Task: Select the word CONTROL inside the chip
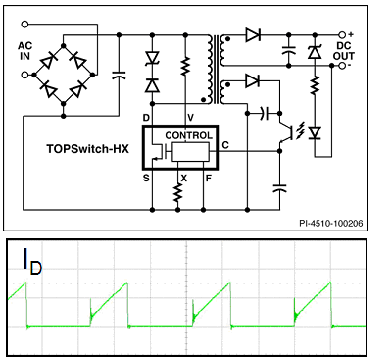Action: [x=188, y=134]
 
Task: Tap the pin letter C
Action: [x=226, y=145]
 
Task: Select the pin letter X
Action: [x=183, y=179]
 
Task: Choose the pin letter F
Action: [x=208, y=179]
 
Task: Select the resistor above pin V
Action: [x=184, y=67]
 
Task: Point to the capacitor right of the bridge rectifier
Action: [x=119, y=74]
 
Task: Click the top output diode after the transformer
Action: [x=253, y=35]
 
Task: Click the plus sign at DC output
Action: [x=352, y=33]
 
